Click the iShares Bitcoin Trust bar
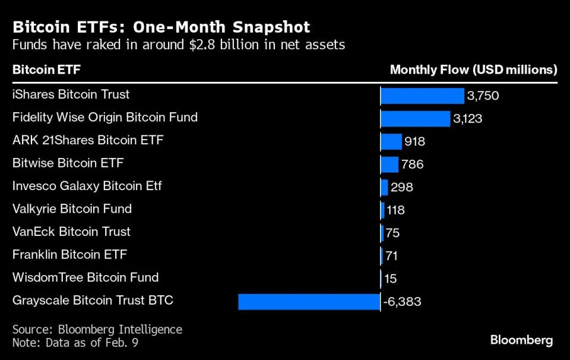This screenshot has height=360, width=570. [422, 96]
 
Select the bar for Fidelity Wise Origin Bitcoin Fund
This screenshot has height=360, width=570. [415, 118]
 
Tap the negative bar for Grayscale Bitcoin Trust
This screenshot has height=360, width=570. [309, 301]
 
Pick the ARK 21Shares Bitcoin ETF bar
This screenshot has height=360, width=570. [391, 141]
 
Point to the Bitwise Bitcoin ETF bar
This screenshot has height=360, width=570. [389, 164]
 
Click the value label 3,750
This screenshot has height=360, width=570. [483, 96]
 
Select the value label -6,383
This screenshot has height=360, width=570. [402, 302]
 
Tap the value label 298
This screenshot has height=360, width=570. [402, 187]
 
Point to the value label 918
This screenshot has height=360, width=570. [414, 142]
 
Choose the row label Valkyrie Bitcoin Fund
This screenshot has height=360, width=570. [72, 209]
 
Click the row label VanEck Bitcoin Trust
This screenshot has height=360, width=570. [71, 232]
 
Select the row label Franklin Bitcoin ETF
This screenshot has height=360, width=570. [69, 255]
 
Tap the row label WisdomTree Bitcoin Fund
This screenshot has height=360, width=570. [85, 277]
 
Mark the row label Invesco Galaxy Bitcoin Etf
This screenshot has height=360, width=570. [87, 186]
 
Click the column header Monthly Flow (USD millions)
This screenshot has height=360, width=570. [473, 70]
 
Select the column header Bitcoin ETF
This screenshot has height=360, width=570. [46, 70]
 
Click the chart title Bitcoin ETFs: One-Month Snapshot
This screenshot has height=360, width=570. [161, 27]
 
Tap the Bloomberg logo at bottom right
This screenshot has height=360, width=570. [521, 340]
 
